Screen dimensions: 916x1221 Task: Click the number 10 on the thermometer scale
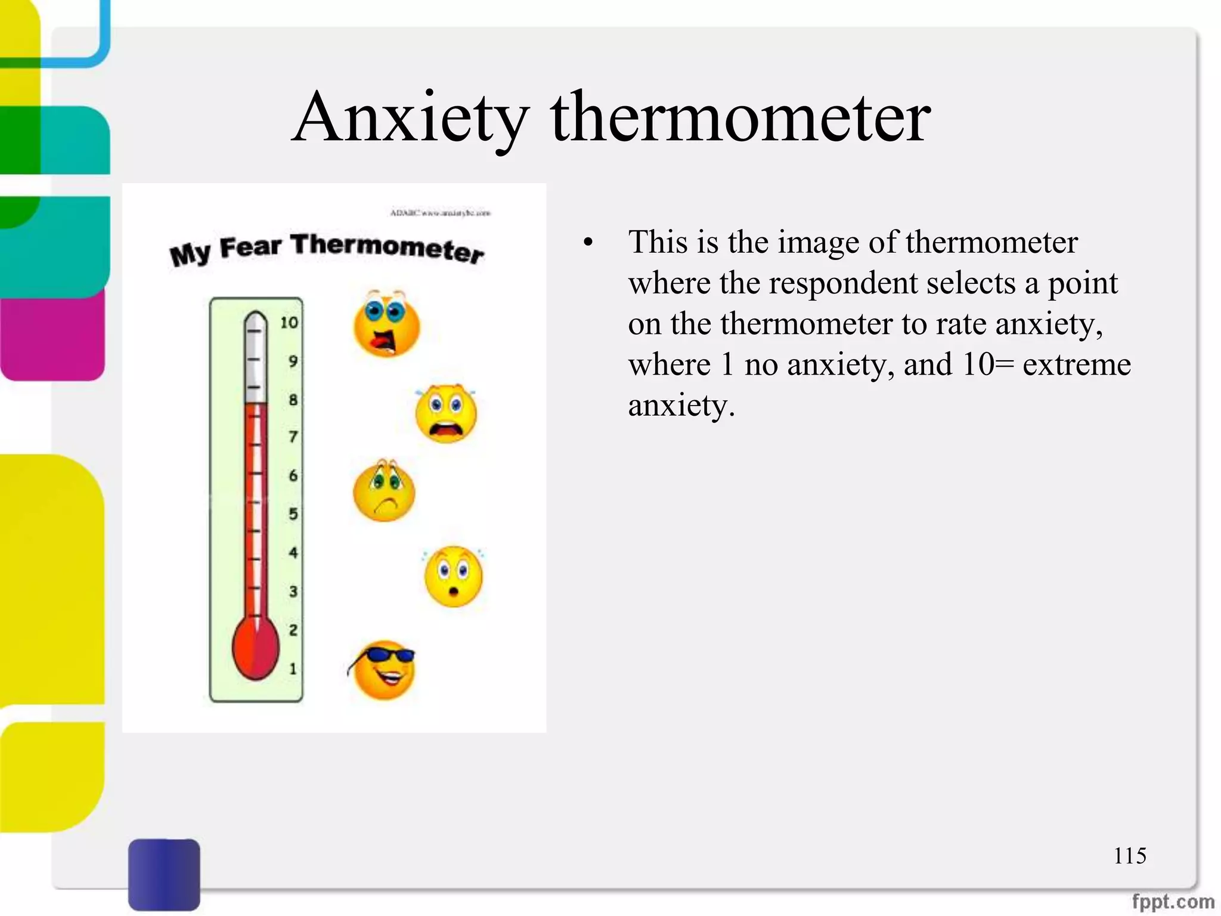tap(289, 323)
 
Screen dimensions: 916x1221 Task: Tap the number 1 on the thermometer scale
tap(293, 669)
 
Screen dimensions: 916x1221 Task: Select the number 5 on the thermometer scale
tap(293, 514)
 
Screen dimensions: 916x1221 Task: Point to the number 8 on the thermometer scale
tap(293, 400)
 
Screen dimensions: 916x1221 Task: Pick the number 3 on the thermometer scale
tap(293, 592)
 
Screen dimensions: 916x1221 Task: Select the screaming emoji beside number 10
tap(386, 324)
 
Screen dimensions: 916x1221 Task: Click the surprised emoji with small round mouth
tap(453, 577)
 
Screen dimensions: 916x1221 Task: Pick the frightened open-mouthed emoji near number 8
tap(446, 413)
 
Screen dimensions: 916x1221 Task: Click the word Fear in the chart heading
tap(250, 247)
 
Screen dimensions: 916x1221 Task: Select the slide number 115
tap(1129, 856)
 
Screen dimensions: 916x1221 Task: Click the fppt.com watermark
tap(1172, 901)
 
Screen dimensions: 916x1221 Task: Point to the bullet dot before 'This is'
tap(588, 243)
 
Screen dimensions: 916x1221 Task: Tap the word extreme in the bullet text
tap(1076, 364)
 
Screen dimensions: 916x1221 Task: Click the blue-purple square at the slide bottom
tap(164, 874)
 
